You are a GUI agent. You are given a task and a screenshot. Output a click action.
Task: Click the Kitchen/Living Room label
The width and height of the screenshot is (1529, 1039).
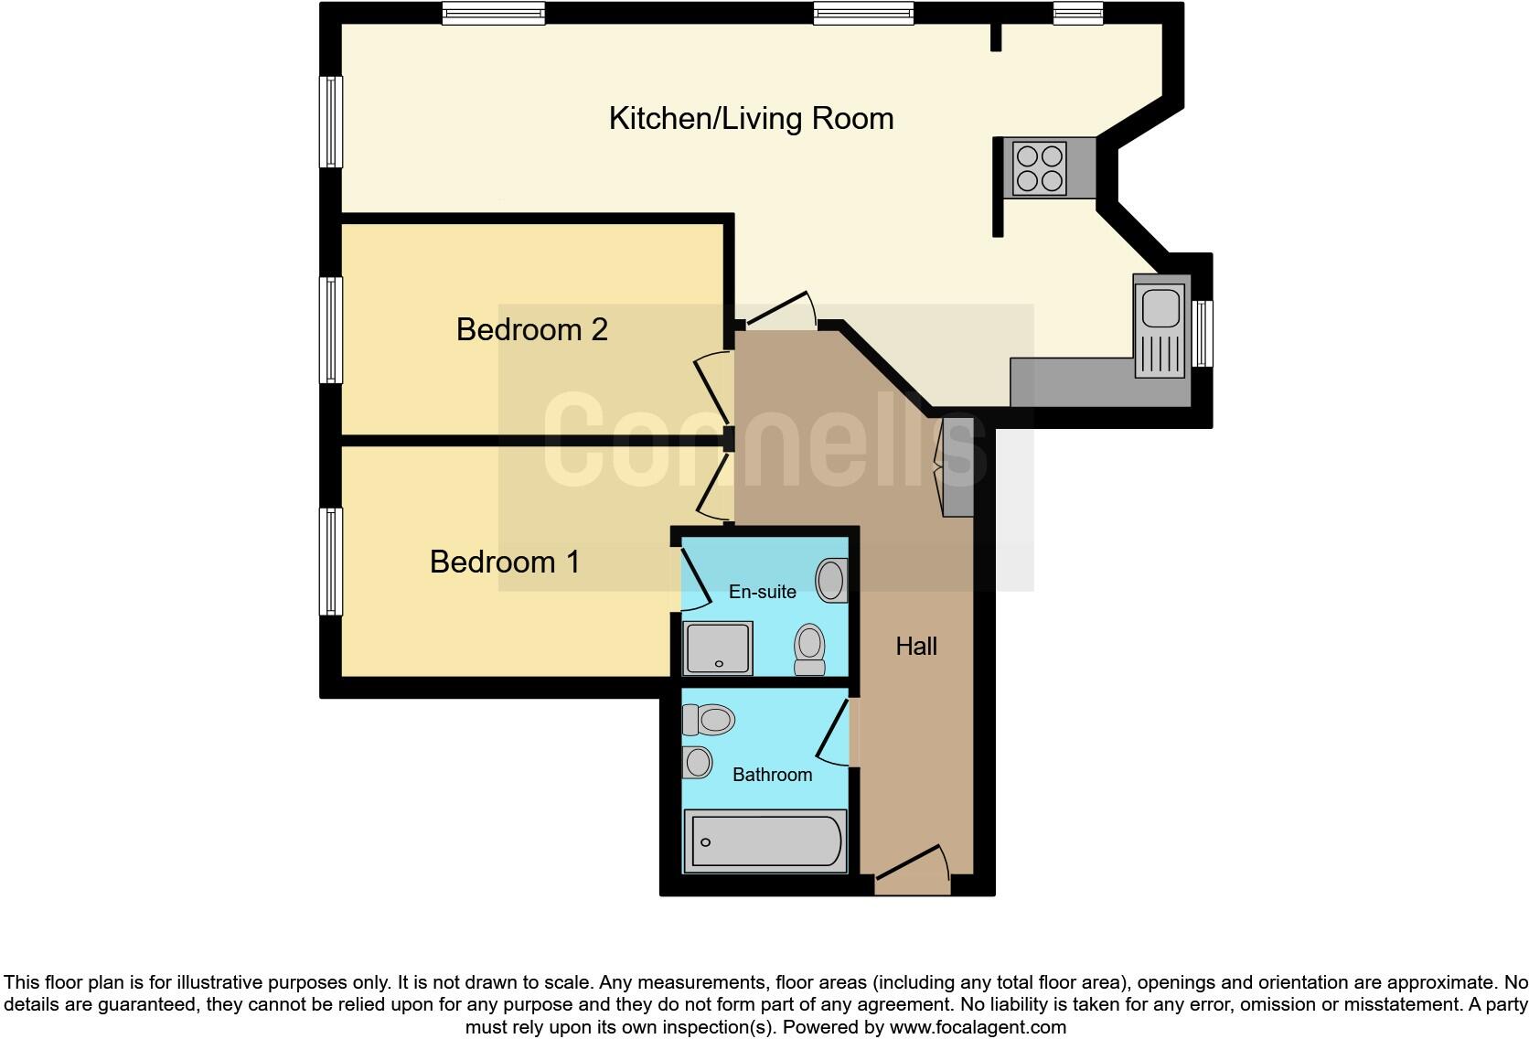point(751,119)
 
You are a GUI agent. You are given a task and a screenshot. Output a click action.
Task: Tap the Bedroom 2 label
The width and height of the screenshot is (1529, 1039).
point(531,329)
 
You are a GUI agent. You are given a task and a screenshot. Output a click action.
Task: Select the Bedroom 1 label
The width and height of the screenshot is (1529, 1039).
point(505,562)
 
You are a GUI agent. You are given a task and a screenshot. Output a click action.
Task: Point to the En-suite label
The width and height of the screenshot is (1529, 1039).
point(762,592)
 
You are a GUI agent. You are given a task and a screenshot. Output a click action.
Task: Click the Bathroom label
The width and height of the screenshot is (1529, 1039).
point(772,775)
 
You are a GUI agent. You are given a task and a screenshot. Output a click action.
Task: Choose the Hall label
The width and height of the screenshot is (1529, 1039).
point(916,647)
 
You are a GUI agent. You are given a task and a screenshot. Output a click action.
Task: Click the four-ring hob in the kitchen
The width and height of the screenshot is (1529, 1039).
point(1040,168)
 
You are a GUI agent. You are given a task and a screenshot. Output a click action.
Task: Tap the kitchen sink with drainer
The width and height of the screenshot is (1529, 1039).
point(1161,327)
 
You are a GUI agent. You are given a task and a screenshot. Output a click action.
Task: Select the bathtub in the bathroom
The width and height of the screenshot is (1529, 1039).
point(766,841)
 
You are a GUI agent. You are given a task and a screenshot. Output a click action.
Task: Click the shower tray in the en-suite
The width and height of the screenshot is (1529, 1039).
point(718,648)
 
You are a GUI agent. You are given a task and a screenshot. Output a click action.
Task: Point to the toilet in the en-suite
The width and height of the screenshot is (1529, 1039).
point(809,648)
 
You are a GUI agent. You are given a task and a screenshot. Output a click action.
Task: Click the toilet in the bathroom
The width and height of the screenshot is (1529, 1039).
point(709,719)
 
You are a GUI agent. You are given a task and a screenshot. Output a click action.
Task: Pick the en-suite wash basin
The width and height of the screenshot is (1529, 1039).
point(830,580)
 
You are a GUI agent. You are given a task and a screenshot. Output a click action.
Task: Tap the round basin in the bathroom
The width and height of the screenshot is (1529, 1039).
point(698,762)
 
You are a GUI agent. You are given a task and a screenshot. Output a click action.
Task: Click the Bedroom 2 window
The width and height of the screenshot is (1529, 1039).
point(330,329)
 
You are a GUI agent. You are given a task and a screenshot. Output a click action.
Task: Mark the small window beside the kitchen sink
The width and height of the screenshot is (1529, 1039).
point(1203,334)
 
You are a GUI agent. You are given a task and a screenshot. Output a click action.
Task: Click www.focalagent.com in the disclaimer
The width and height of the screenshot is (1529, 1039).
point(976,1027)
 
